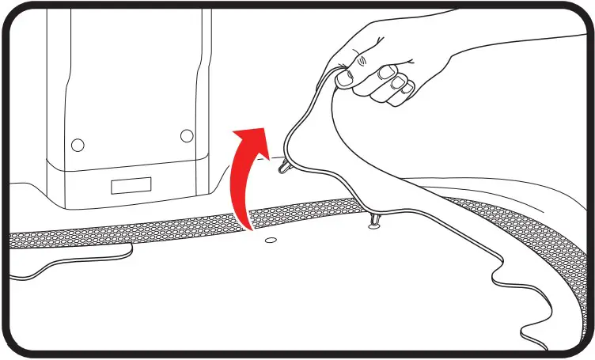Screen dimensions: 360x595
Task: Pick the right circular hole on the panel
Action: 187,136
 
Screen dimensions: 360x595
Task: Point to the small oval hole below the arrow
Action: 271,237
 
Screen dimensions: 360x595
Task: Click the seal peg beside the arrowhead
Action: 282,166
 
